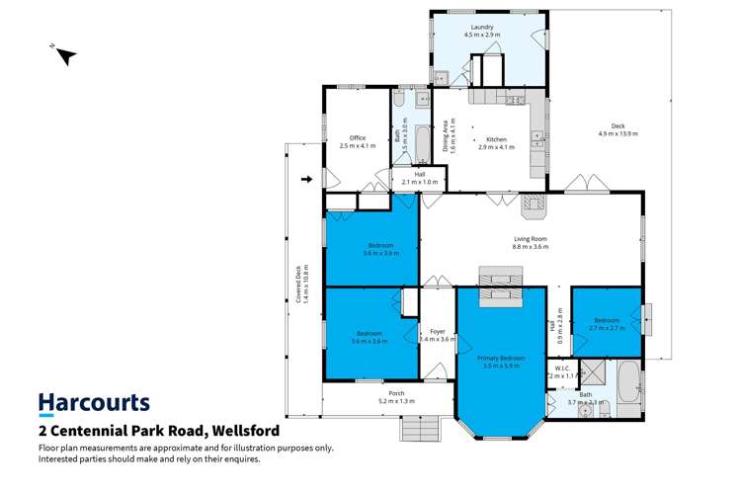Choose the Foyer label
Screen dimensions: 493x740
coord(437,332)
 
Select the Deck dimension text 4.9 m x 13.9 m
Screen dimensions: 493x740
coord(618,133)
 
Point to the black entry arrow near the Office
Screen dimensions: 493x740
coord(306,180)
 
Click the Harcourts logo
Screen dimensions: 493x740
coord(94,403)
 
